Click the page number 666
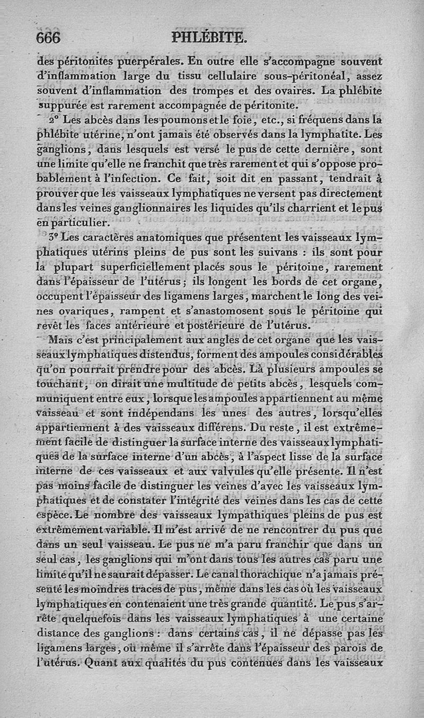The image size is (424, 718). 48,38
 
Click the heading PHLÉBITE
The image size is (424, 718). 209,38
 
